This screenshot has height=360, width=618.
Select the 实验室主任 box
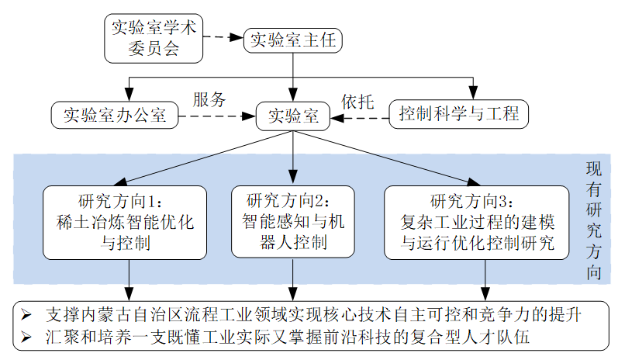coord(292,40)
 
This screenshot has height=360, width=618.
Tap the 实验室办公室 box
coord(113,117)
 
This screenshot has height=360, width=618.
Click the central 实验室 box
coord(292,117)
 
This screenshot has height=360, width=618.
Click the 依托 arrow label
coord(357,101)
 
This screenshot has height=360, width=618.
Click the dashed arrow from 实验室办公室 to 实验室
coord(216,118)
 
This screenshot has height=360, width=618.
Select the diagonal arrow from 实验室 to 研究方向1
coord(209,157)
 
